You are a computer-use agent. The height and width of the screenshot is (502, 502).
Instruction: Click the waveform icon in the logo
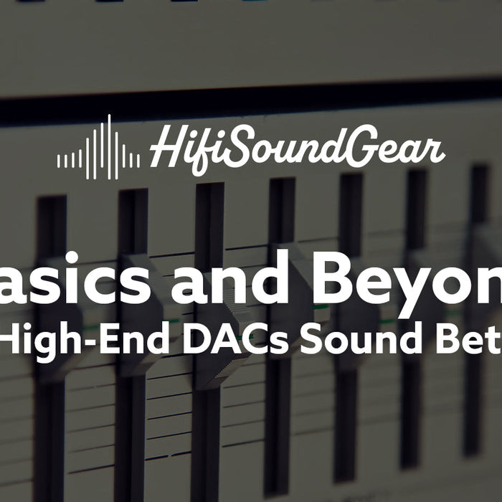click(x=98, y=151)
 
